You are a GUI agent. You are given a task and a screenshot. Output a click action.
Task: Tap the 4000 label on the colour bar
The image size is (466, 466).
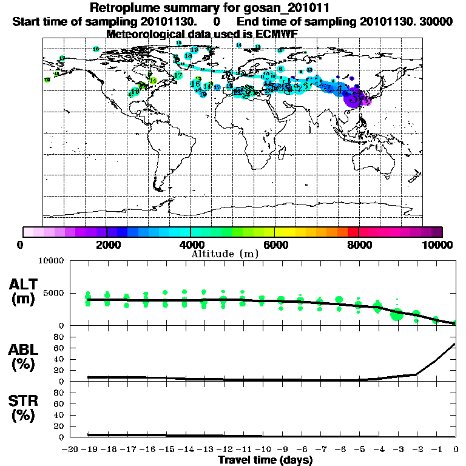191,245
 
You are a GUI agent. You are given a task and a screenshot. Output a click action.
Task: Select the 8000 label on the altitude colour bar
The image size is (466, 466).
359,245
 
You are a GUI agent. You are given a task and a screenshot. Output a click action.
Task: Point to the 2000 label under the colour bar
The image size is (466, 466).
107,245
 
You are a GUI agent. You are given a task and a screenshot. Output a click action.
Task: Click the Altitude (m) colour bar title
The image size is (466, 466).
225,254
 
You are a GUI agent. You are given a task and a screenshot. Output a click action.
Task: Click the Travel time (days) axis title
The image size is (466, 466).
265,461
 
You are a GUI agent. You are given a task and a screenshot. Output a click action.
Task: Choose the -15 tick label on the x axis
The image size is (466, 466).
164,449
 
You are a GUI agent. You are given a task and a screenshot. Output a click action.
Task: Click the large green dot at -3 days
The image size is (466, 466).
397,315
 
